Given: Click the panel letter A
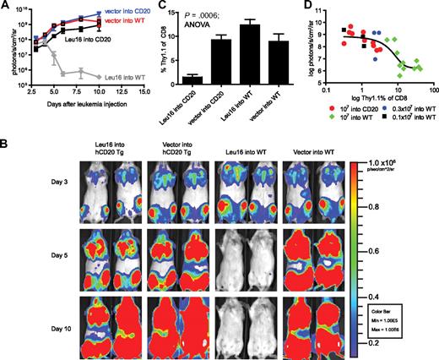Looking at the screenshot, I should pyautogui.click(x=7, y=7).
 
